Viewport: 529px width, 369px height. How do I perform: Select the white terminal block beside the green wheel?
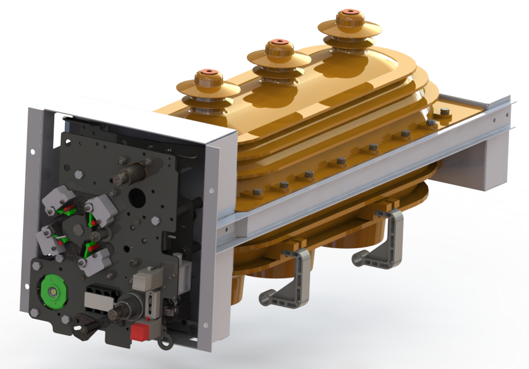point(97,299)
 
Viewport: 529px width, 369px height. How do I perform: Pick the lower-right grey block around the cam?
point(95,260)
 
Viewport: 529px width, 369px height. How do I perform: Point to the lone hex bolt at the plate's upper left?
point(79,173)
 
